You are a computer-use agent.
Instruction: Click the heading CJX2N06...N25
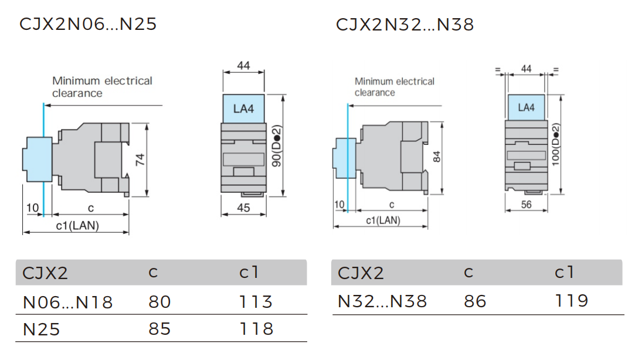pos(88,25)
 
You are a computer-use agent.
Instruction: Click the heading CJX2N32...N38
pos(405,25)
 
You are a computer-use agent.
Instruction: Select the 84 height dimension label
pos(437,157)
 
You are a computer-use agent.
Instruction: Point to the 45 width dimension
pos(243,208)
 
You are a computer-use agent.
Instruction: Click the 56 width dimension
pos(526,205)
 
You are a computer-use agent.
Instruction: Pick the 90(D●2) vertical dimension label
pos(277,147)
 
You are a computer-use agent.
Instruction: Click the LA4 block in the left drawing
pos(243,108)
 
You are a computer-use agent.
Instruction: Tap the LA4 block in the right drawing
pos(526,107)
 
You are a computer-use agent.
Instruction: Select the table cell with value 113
pos(256,302)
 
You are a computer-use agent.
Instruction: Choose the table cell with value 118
pos(256,329)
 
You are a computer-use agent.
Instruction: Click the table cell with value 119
pos(571,301)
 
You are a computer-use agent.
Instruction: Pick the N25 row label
pos(42,330)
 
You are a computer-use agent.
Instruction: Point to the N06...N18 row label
pos(67,303)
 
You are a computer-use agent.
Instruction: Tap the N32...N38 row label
pos(382,301)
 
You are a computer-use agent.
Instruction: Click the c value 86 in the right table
pos(475,301)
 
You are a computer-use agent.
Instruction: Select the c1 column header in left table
pos(249,273)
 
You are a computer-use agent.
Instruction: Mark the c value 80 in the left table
pos(159,302)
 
